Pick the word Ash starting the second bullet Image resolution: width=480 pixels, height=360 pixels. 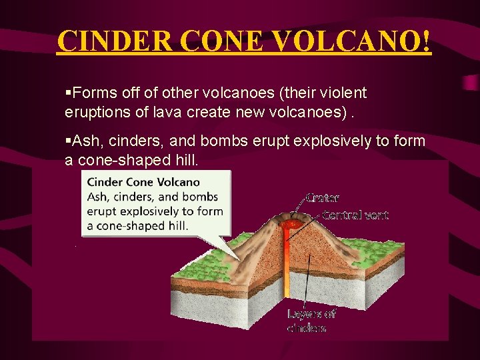pos(85,141)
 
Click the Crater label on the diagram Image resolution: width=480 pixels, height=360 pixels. pos(322,198)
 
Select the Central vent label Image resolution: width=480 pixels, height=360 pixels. pos(355,215)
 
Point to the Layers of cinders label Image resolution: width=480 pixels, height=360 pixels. pos(311,321)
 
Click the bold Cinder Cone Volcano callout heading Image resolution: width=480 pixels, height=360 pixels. pos(143,181)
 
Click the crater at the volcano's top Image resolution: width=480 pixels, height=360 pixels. pos(291,217)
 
